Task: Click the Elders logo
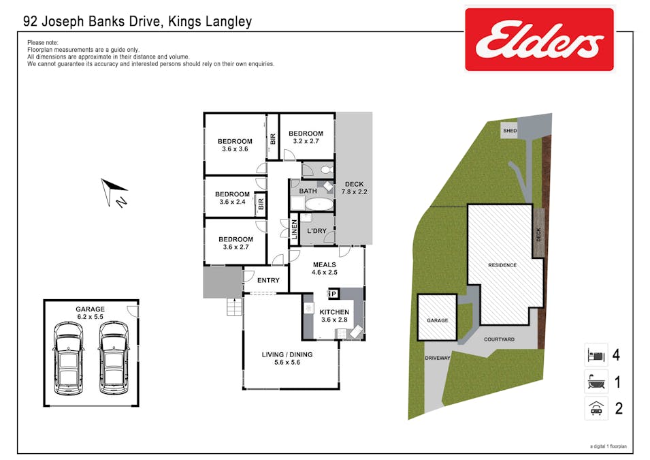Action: (x=539, y=40)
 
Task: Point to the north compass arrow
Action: (x=113, y=191)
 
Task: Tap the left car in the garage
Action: (x=68, y=358)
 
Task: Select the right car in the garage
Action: (x=114, y=358)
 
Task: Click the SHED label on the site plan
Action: (x=510, y=130)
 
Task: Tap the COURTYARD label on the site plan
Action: (x=499, y=339)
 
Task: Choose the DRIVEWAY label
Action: (x=438, y=358)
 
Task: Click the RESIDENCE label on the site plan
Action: (x=502, y=265)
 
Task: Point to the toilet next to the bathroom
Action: (x=327, y=170)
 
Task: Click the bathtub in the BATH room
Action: (x=319, y=204)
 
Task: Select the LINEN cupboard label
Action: (x=294, y=230)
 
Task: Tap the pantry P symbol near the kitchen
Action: (x=333, y=294)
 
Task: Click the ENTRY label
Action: (x=268, y=280)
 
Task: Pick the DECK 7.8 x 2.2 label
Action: (x=354, y=187)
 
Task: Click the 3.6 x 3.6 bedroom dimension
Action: (x=235, y=149)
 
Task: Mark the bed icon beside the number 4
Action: (x=596, y=355)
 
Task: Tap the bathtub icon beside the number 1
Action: (x=596, y=382)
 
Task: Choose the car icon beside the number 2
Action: (x=596, y=408)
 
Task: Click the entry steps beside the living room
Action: (x=235, y=307)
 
